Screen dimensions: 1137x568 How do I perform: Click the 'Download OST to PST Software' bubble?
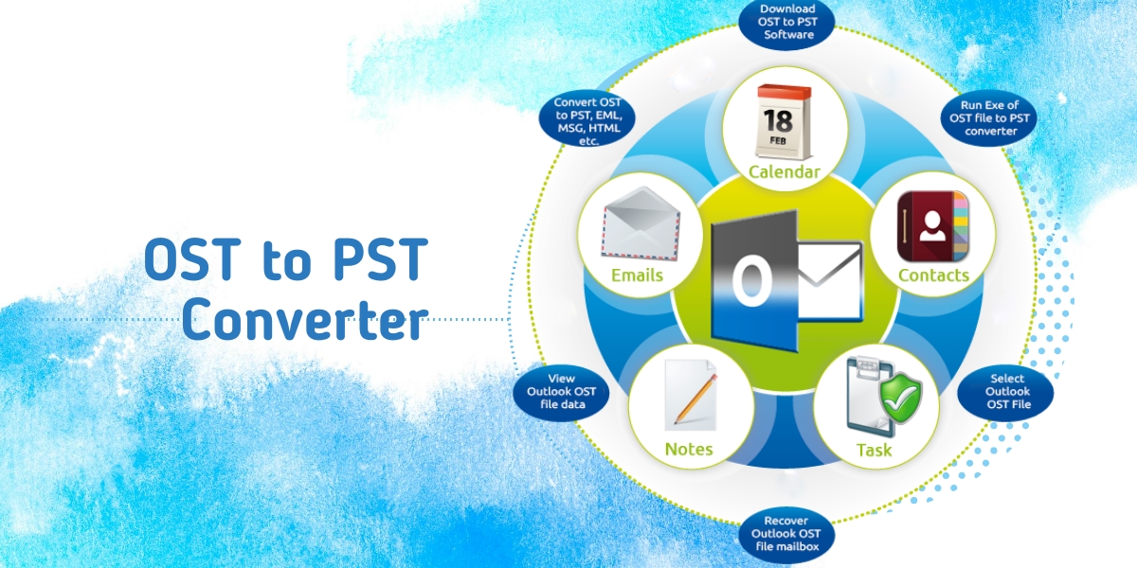pyautogui.click(x=786, y=23)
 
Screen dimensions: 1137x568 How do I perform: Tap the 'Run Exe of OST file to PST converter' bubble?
pyautogui.click(x=989, y=118)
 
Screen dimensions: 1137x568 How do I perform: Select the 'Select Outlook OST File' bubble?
pyautogui.click(x=1006, y=392)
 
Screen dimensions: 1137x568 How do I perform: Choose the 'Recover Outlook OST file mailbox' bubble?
pyautogui.click(x=786, y=534)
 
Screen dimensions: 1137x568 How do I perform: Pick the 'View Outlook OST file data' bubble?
pyautogui.click(x=561, y=392)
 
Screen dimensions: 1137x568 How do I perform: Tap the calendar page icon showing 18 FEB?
pyautogui.click(x=785, y=123)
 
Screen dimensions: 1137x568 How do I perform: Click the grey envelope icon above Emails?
pyautogui.click(x=641, y=224)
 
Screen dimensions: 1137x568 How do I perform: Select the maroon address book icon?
pyautogui.click(x=933, y=226)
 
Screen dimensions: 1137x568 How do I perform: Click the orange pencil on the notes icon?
pyautogui.click(x=695, y=399)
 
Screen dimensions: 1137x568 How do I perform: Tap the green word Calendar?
pyautogui.click(x=785, y=172)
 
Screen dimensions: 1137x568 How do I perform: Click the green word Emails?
pyautogui.click(x=637, y=275)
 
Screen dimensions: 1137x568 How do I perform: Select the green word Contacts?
pyautogui.click(x=933, y=275)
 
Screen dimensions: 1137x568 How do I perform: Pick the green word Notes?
pyautogui.click(x=689, y=450)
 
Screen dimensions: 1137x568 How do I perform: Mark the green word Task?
pyautogui.click(x=874, y=450)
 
